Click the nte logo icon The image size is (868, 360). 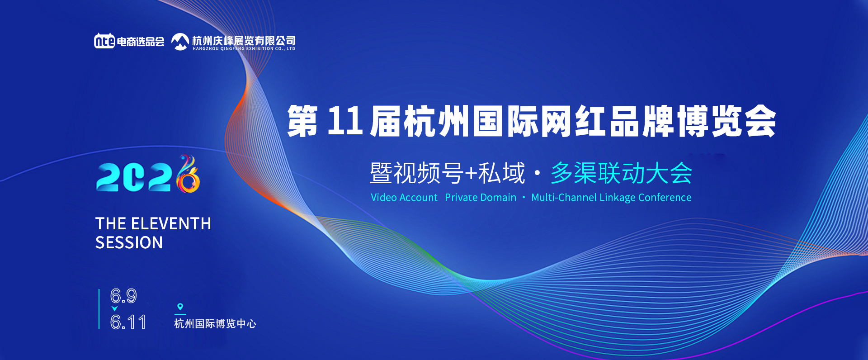coord(104,41)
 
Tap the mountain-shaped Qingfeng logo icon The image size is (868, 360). coord(180,42)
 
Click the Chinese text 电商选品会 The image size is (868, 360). coord(141,42)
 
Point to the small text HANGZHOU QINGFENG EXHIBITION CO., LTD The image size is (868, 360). coord(244,49)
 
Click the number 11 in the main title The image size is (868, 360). coord(344,121)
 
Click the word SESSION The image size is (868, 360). coord(129,243)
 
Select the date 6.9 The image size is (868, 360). coord(123,296)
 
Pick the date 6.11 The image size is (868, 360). coord(128,322)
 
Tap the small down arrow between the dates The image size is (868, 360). coord(114,309)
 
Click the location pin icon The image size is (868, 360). coord(180,307)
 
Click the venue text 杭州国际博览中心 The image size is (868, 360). coord(215,324)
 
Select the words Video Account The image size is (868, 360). coord(404,198)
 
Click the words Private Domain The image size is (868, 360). coord(480,198)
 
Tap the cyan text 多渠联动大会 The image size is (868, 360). coord(621,173)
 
